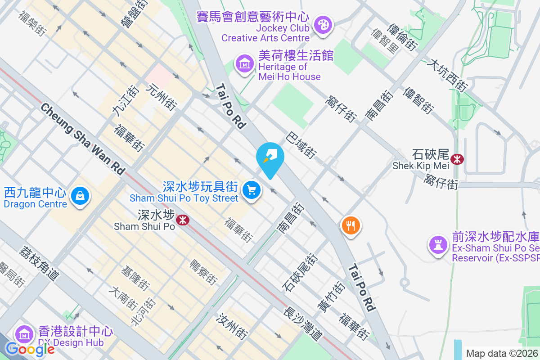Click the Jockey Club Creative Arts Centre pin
tap(323, 25)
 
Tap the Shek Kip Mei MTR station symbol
tap(457, 159)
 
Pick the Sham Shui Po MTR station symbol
tap(182, 220)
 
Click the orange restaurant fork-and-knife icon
tap(351, 225)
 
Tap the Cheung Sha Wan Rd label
tap(83, 139)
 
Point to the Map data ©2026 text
tap(502, 354)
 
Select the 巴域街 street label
tap(301, 145)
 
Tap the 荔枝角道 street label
tap(39, 264)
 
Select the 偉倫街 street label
tap(402, 37)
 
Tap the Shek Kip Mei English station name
tap(421, 166)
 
